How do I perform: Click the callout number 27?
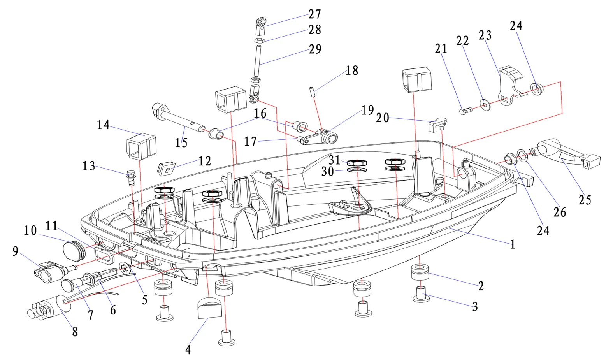[x=314, y=14]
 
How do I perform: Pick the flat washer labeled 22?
[x=484, y=104]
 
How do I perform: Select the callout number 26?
[x=559, y=212]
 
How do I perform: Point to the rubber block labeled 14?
[x=141, y=146]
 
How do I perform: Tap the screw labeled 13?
[x=131, y=178]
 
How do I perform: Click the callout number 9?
[x=15, y=251]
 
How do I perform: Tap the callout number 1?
[x=512, y=244]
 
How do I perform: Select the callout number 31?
[x=334, y=160]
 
